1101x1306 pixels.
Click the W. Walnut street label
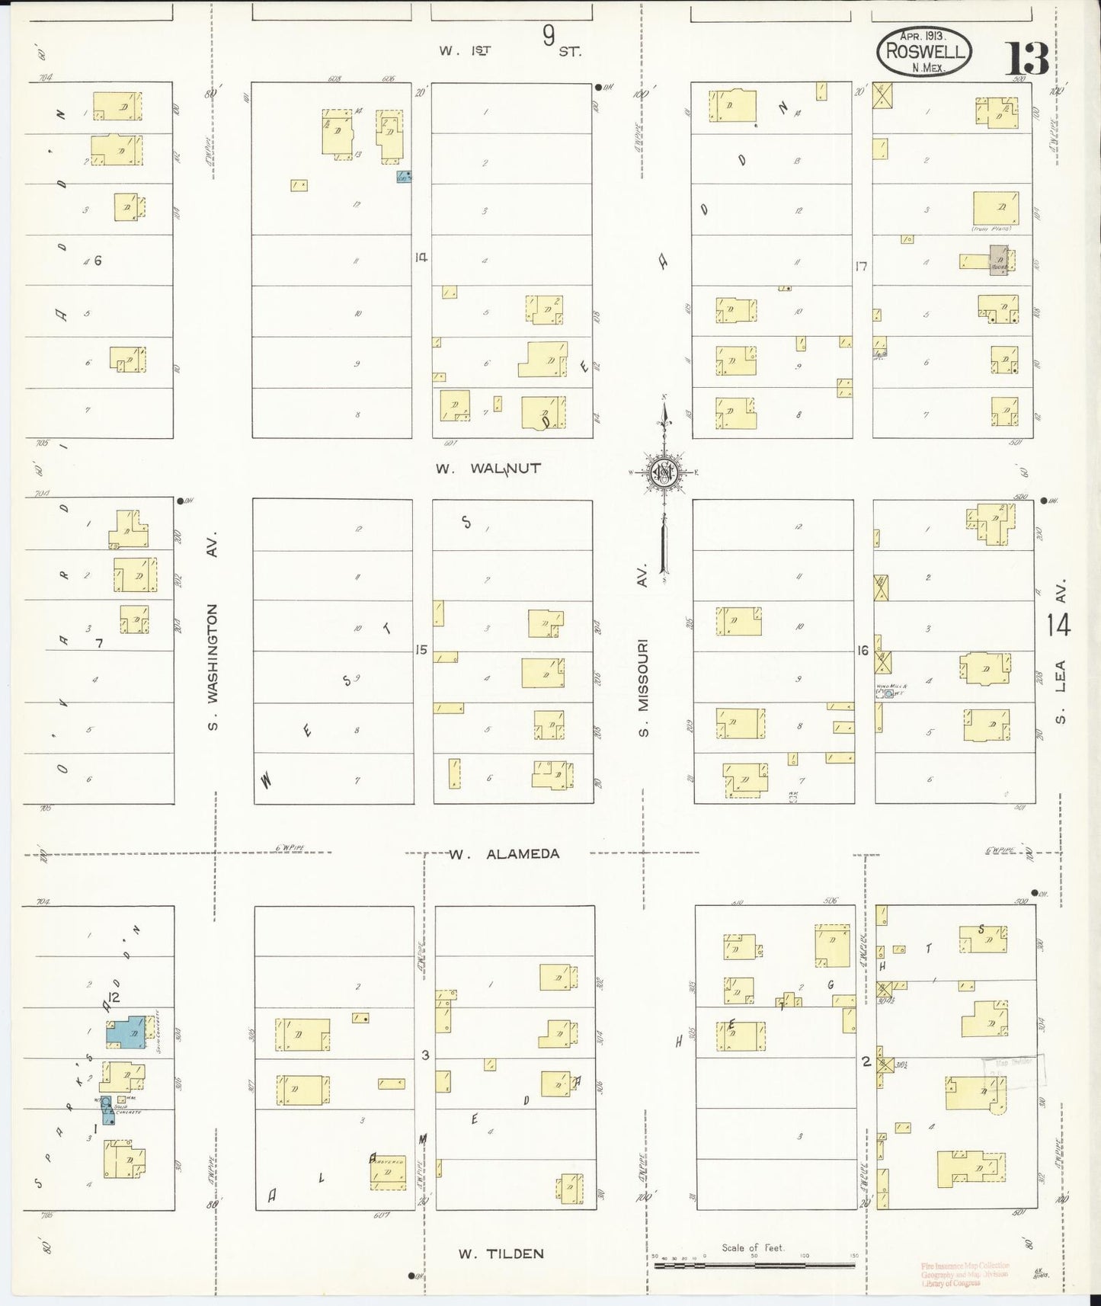[488, 469]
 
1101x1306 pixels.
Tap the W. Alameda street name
[504, 854]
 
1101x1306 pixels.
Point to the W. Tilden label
[501, 1253]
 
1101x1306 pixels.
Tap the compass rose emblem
[663, 472]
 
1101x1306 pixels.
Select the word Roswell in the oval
[924, 53]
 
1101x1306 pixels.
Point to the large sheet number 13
[1026, 59]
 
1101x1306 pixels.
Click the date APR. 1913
[922, 36]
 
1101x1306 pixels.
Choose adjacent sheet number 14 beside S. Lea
[1058, 625]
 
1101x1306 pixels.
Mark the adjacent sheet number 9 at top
[549, 37]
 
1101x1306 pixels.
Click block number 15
[421, 650]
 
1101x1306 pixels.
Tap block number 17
[862, 266]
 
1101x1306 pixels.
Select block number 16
[863, 651]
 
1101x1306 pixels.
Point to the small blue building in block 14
[404, 177]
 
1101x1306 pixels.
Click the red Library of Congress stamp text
[964, 1273]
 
